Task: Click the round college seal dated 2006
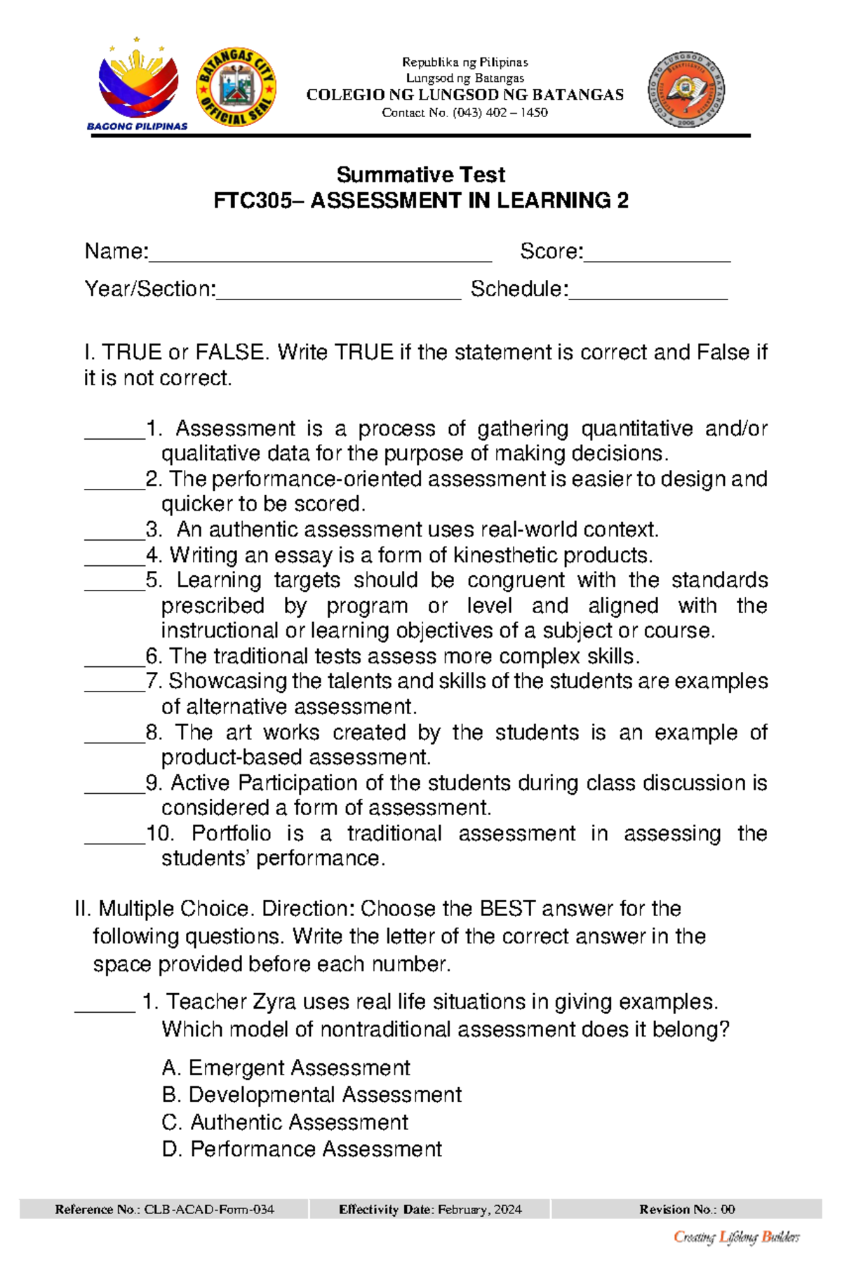tap(686, 90)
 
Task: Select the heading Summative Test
tap(420, 175)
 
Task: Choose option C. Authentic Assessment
tap(285, 1122)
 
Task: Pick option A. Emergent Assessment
tap(286, 1068)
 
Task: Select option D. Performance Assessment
tap(302, 1149)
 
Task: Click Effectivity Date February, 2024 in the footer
tap(430, 1209)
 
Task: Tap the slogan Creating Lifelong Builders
tap(736, 1237)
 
